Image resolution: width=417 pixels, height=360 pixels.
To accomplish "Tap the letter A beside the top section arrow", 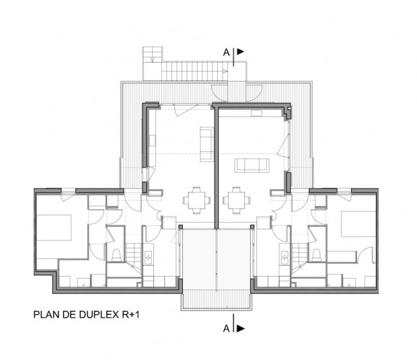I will click(x=227, y=50).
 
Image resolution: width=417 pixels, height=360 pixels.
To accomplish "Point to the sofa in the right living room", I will click(x=250, y=166).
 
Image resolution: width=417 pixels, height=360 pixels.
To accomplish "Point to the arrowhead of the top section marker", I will click(x=240, y=50).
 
